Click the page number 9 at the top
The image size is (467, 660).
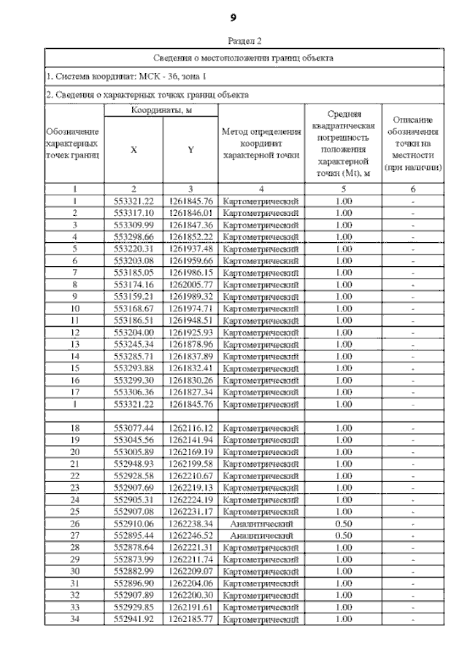pos(233,17)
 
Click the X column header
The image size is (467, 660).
pos(134,150)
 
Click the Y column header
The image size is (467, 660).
pos(190,150)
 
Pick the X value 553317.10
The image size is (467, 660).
pos(134,212)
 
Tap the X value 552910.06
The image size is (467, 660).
pos(134,523)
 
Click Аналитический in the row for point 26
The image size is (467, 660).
pos(261,523)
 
